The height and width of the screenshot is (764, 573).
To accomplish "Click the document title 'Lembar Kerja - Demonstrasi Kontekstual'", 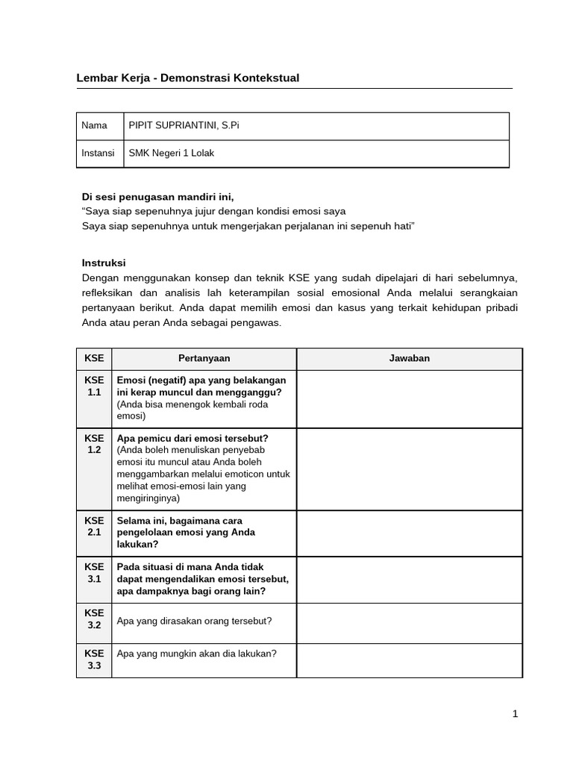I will coord(188,78).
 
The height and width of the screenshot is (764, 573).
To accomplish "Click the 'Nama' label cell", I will coord(94,125).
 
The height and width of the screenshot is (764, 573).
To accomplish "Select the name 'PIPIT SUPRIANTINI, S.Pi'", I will coord(184,125).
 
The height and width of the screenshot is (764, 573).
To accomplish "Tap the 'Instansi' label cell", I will coord(98,153).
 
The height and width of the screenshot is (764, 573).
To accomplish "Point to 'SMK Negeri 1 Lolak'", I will coord(172,153).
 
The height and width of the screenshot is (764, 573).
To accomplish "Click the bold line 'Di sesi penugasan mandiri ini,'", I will coord(157,197).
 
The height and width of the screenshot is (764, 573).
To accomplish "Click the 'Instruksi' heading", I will coord(104,263).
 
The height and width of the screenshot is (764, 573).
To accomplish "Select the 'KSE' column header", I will coord(94,358).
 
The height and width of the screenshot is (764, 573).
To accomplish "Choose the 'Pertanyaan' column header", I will coord(204,358).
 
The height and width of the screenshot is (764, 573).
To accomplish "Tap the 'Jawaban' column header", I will coord(409,358).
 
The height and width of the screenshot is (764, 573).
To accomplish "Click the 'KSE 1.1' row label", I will coord(94,386).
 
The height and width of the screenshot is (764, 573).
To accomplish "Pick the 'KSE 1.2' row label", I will coord(94,444).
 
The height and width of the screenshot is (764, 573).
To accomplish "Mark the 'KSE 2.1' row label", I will coord(94,526).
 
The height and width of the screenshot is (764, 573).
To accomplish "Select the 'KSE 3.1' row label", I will coord(94,572).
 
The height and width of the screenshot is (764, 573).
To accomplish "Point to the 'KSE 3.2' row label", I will coord(94,619).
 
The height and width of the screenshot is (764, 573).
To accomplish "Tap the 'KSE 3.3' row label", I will coord(94,660).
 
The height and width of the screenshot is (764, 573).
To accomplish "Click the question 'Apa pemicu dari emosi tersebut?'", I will coord(192,438).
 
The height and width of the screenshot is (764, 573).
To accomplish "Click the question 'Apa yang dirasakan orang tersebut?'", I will coord(194,621).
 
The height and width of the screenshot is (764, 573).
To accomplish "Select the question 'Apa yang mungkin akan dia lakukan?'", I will coord(197,654).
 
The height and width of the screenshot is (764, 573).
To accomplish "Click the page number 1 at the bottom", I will coord(515,714).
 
